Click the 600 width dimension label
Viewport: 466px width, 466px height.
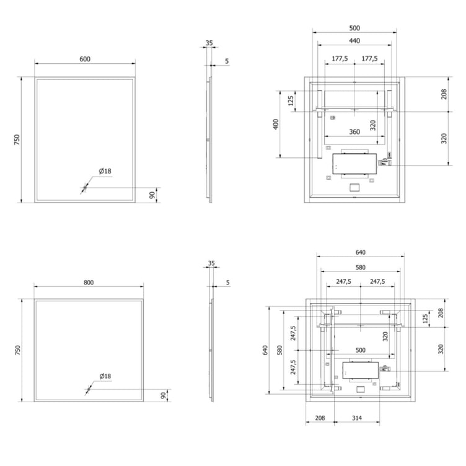(x=85, y=59)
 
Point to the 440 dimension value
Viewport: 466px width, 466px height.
(x=354, y=40)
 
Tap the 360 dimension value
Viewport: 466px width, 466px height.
(x=354, y=132)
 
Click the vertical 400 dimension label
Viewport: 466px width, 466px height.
(x=277, y=123)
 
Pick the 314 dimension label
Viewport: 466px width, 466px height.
(x=356, y=419)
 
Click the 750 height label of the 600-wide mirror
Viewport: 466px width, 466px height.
(x=18, y=139)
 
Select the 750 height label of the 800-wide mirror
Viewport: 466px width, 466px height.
(x=18, y=350)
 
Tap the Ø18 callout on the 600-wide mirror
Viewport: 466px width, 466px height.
(x=103, y=172)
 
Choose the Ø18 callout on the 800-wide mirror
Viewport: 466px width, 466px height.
(x=104, y=376)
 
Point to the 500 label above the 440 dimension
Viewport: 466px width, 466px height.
(x=354, y=28)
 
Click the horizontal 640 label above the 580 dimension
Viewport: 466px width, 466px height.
(x=361, y=252)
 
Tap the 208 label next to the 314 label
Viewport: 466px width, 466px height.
(x=320, y=419)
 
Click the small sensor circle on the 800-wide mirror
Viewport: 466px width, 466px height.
(x=88, y=390)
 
